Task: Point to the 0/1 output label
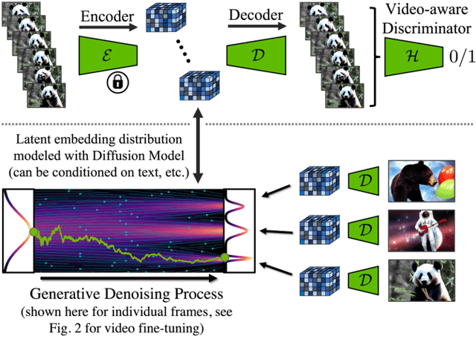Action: (x=453, y=56)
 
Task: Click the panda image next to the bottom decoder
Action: (x=422, y=283)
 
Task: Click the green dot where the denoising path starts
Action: (x=33, y=234)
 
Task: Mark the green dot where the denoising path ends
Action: (x=225, y=257)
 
